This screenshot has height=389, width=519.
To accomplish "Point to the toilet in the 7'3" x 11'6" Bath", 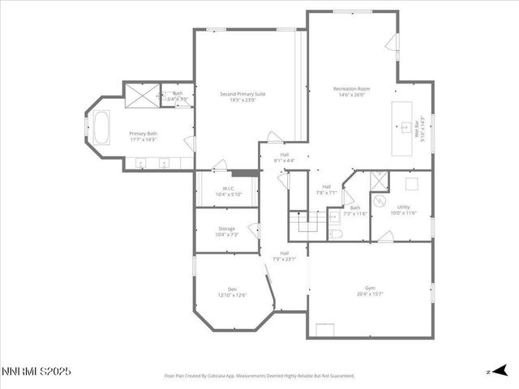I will coord(338,233).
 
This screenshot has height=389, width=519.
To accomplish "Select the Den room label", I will coord(232,289).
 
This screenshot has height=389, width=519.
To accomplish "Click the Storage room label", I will coord(227,229).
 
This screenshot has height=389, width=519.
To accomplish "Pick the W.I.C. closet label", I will coord(228,190).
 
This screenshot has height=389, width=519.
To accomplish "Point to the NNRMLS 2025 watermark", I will coord(36,371).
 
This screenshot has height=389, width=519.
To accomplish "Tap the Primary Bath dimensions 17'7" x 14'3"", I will coord(142,139).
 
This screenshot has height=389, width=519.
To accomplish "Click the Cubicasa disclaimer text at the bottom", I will coord(259,376).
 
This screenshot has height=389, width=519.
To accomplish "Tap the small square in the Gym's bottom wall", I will coord(325,329).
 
